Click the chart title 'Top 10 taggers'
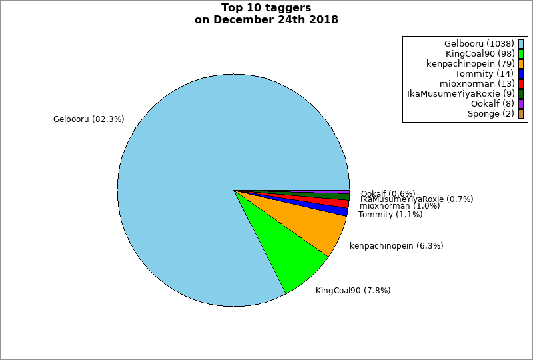(x=266, y=8)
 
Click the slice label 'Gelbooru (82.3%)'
(x=89, y=119)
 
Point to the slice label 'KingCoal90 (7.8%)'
(x=353, y=291)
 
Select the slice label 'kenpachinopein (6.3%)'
(x=396, y=246)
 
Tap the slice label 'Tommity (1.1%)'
(x=390, y=215)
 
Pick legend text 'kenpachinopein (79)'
(x=470, y=64)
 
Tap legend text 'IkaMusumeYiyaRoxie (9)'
(x=460, y=94)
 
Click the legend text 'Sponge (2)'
(x=490, y=114)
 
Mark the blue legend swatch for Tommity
(x=521, y=74)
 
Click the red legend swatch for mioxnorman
(x=521, y=84)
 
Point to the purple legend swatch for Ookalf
(x=521, y=104)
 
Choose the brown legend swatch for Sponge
(x=521, y=114)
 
